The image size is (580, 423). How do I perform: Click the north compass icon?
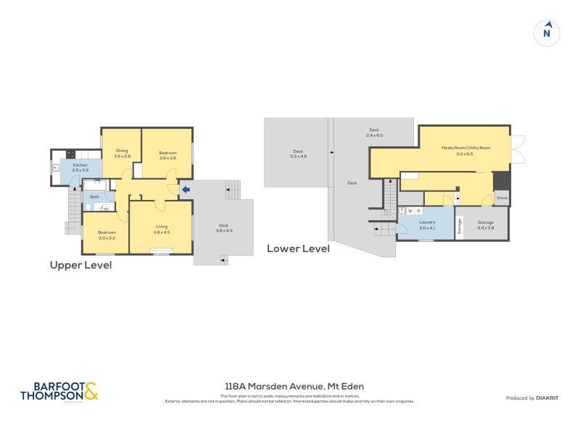coord(547,33)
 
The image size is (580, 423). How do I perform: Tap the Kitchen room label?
coord(80,167)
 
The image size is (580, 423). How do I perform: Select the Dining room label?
coord(121,154)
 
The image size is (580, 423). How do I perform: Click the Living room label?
coord(161,229)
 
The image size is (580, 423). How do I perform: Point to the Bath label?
coord(94,196)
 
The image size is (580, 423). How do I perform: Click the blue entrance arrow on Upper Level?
coord(186,190)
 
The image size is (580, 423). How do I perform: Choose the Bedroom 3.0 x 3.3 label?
coord(107,235)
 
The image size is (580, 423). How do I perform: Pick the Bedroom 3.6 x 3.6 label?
coord(167,154)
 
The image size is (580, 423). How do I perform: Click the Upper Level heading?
coord(80,265)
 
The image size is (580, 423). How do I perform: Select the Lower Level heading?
coord(298,248)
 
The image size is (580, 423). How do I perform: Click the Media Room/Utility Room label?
coord(466,150)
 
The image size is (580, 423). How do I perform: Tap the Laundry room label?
coord(426,225)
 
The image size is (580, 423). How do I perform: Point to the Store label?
coord(502,197)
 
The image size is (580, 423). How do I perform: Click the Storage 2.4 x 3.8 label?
coord(485,225)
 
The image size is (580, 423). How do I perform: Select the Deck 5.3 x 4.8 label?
coord(298,154)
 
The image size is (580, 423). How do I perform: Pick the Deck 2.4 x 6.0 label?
coord(373,133)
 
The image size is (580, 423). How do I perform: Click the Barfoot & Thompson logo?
coord(58,392)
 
